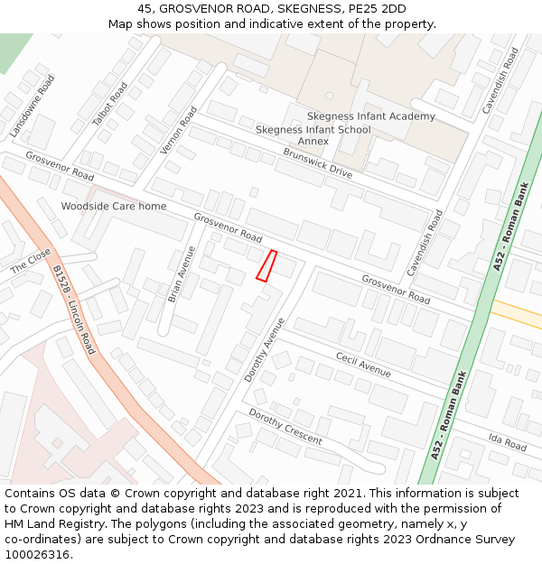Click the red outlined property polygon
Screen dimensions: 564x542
(x=266, y=266)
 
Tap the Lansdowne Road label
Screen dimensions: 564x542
(x=33, y=106)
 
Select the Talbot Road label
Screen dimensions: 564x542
(x=110, y=104)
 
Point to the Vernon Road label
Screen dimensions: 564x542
(x=179, y=130)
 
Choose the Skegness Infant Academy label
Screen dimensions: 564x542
(x=370, y=116)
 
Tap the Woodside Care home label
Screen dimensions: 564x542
(x=114, y=207)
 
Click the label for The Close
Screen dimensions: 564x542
(x=31, y=261)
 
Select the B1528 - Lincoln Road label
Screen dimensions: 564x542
(x=73, y=310)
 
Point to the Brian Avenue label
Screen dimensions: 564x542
(x=181, y=273)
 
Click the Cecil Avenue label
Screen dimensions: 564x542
(x=363, y=365)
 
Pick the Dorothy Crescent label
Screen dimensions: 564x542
(x=285, y=427)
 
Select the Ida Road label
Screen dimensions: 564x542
(x=507, y=442)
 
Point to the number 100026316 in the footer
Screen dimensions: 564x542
(x=39, y=555)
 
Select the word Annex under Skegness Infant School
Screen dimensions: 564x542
(x=313, y=142)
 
